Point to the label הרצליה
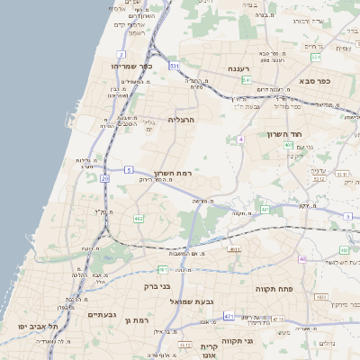182,119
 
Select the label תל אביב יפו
39,327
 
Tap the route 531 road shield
174,67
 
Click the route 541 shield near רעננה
246,80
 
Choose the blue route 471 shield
229,316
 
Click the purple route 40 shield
303,259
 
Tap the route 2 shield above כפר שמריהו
144,56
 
